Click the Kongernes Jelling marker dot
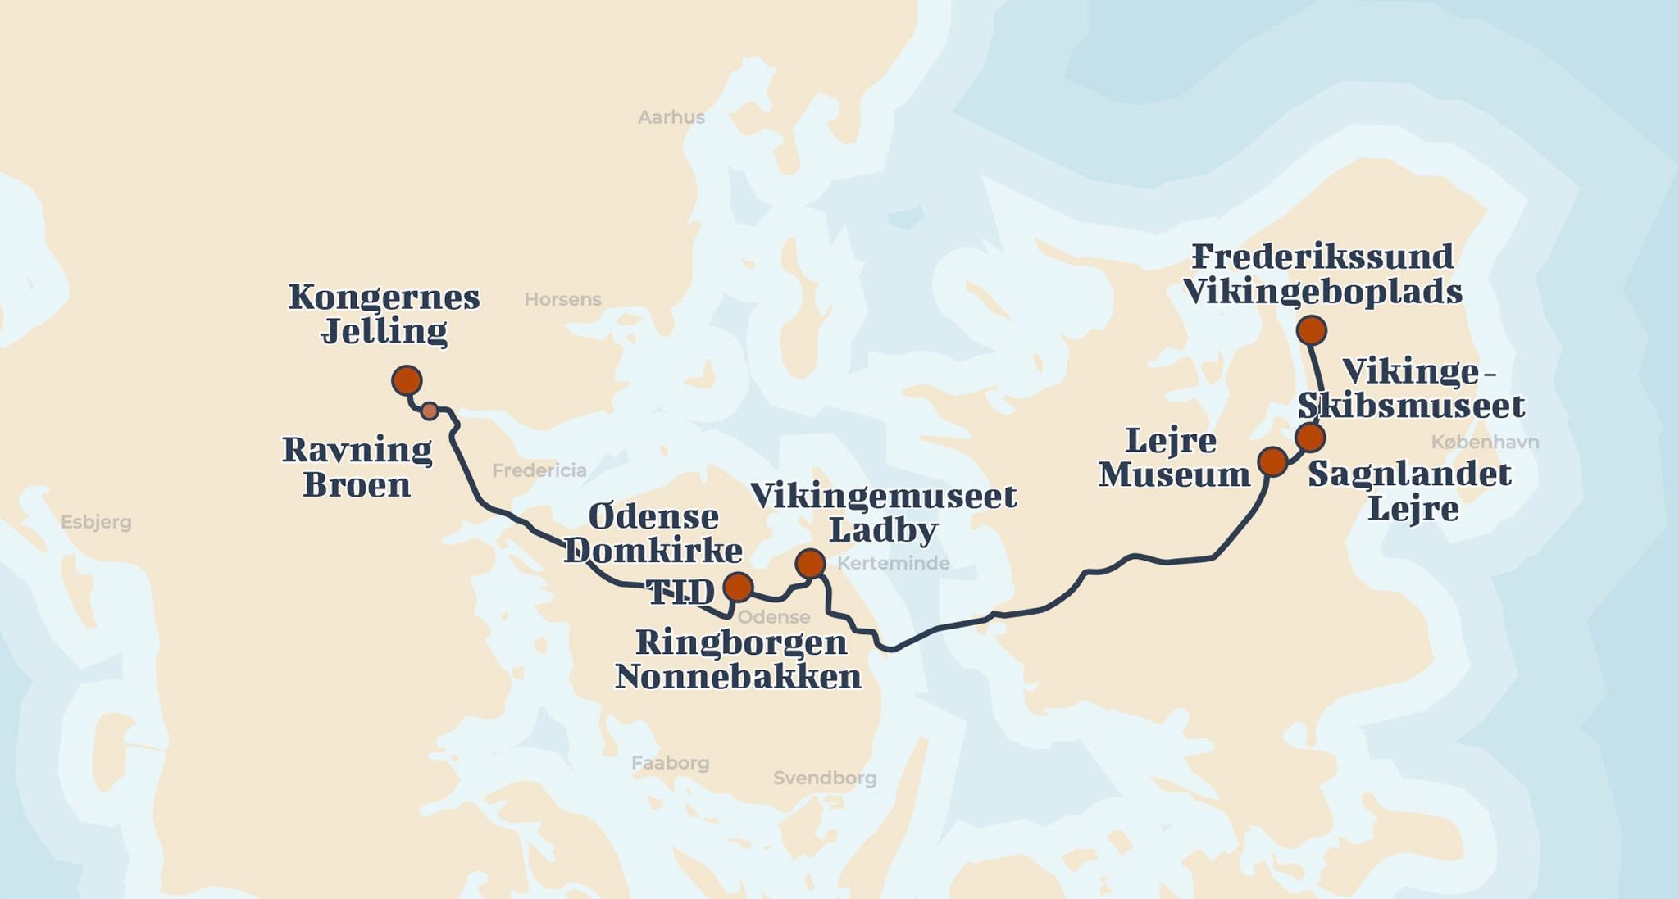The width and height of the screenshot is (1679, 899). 407,380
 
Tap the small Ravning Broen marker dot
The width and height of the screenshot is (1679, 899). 430,411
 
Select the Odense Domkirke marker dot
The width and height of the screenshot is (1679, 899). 738,587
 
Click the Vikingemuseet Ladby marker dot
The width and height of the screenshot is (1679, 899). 810,564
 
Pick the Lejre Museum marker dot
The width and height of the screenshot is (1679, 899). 1272,461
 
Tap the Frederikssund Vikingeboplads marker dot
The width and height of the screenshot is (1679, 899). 1312,330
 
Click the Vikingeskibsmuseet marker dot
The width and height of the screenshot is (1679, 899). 1310,437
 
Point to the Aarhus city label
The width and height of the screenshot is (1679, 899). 671,117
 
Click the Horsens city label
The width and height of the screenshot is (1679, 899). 562,300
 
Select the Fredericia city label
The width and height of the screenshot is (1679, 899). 539,470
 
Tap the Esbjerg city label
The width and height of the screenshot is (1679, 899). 96,522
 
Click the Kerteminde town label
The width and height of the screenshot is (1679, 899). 893,563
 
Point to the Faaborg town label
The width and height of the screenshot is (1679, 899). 670,763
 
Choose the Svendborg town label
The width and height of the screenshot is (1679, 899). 825,778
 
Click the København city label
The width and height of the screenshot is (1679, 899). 1485,443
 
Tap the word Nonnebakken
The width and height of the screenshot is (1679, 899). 738,678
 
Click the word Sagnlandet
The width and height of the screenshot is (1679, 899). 1409,474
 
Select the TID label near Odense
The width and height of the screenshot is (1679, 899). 680,593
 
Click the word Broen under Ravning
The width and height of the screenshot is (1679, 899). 357,485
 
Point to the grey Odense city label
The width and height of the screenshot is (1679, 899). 773,617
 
